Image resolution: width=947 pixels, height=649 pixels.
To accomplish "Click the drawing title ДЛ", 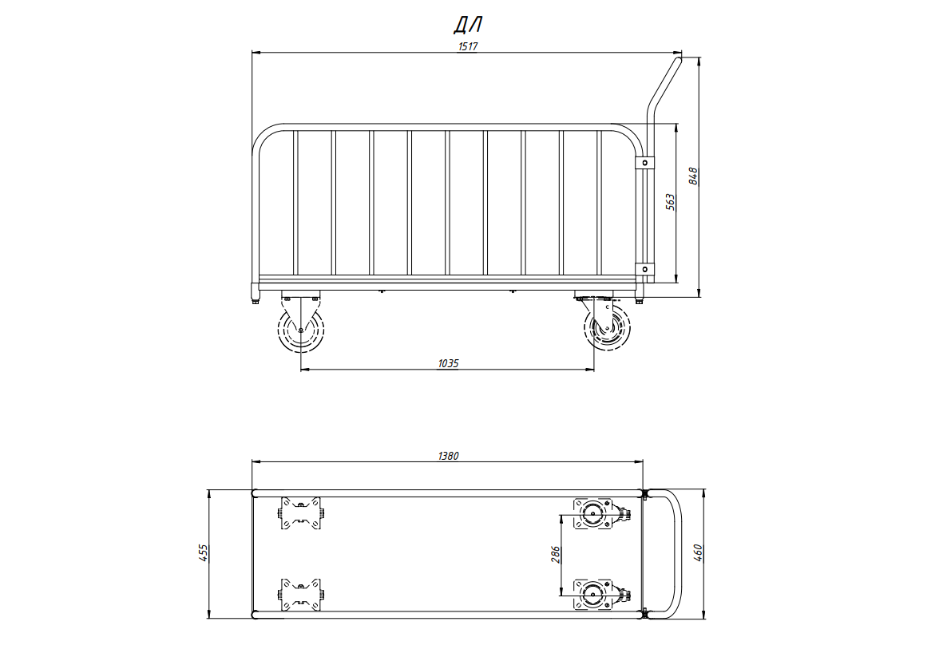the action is point(468,25).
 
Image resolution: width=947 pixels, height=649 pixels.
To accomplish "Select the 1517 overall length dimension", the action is point(468,46).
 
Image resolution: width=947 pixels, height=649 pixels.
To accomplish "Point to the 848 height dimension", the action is point(693,176).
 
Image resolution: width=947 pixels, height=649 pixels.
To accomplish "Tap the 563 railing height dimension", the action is point(670,202).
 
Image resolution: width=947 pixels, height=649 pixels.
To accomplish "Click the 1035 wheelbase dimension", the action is point(448,363).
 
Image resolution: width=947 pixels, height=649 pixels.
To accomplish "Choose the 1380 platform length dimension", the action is point(448,456).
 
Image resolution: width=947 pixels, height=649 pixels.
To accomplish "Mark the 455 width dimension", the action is point(204,553).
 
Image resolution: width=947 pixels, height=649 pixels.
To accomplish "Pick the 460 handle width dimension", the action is point(698,553).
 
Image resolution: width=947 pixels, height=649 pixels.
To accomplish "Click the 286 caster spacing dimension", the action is point(556,555).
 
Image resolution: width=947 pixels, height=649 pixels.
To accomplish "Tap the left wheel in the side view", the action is point(301,330).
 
